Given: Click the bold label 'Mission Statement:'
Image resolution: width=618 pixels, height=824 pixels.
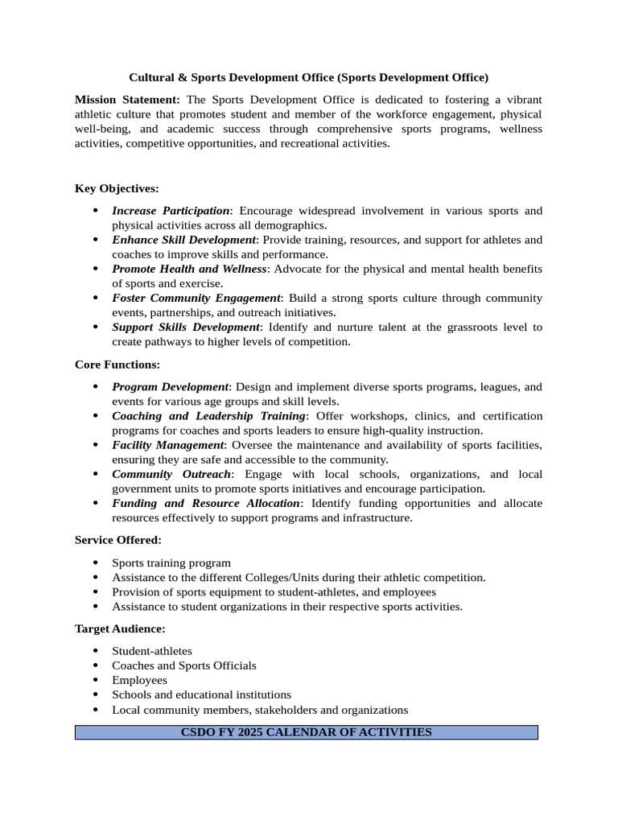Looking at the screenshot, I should tap(127, 100).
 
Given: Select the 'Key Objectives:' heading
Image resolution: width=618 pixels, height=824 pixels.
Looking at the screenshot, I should tap(117, 188).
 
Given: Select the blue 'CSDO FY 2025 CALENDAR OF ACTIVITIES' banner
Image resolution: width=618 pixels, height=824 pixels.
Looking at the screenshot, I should tap(306, 732).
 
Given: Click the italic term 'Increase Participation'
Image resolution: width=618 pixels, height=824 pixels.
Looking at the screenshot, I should tap(171, 211).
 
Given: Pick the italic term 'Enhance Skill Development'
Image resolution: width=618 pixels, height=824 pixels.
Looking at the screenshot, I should tap(183, 240).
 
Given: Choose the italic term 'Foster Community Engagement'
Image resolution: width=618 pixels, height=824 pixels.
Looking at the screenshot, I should tap(196, 298).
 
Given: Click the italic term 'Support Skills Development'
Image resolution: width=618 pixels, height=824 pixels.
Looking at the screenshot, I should tap(186, 328).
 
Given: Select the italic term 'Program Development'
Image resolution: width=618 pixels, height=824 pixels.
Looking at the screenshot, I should tap(171, 387).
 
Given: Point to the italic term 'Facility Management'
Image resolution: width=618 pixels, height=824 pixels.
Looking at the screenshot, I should tap(167, 445).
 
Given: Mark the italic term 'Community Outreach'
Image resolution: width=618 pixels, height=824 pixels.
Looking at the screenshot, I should tap(171, 475).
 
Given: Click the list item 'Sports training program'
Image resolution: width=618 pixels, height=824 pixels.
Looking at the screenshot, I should tap(171, 563).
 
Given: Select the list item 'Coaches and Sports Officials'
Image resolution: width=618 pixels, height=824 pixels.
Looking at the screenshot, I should tap(184, 665).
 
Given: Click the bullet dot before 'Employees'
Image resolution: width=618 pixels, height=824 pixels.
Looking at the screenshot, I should tap(95, 680).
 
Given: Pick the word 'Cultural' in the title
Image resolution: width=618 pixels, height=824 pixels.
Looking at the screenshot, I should tap(151, 78).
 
